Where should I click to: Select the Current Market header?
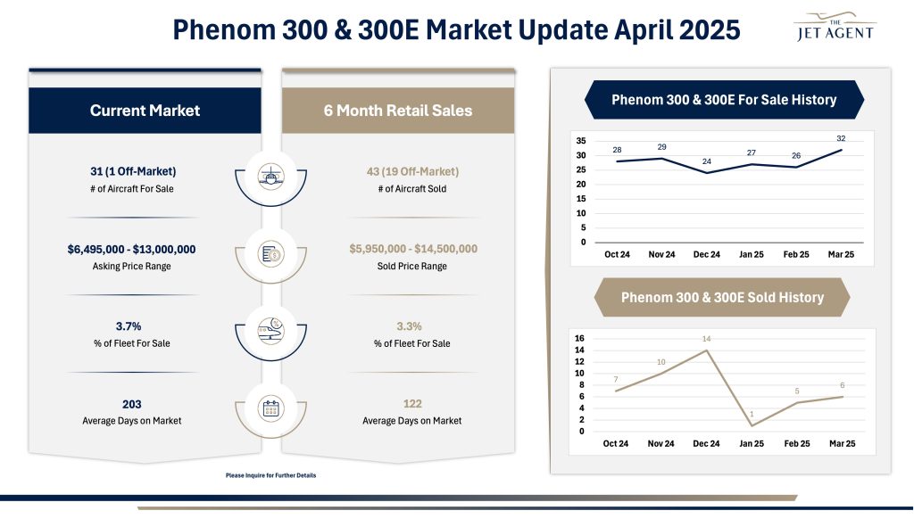click(145, 111)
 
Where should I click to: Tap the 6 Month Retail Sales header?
click(398, 111)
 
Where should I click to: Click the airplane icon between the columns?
click(271, 175)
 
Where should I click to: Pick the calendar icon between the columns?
click(271, 408)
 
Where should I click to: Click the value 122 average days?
click(411, 404)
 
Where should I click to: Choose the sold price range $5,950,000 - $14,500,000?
click(412, 249)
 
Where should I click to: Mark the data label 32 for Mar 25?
click(841, 138)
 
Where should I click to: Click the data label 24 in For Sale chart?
click(706, 161)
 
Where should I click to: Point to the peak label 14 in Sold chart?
click(706, 339)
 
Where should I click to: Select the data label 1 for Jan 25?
click(752, 414)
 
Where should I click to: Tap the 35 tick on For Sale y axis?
click(580, 141)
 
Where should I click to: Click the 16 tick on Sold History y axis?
click(579, 339)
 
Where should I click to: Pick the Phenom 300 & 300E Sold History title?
click(721, 297)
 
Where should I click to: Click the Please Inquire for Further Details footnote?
click(271, 475)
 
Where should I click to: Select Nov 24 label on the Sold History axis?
click(661, 444)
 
